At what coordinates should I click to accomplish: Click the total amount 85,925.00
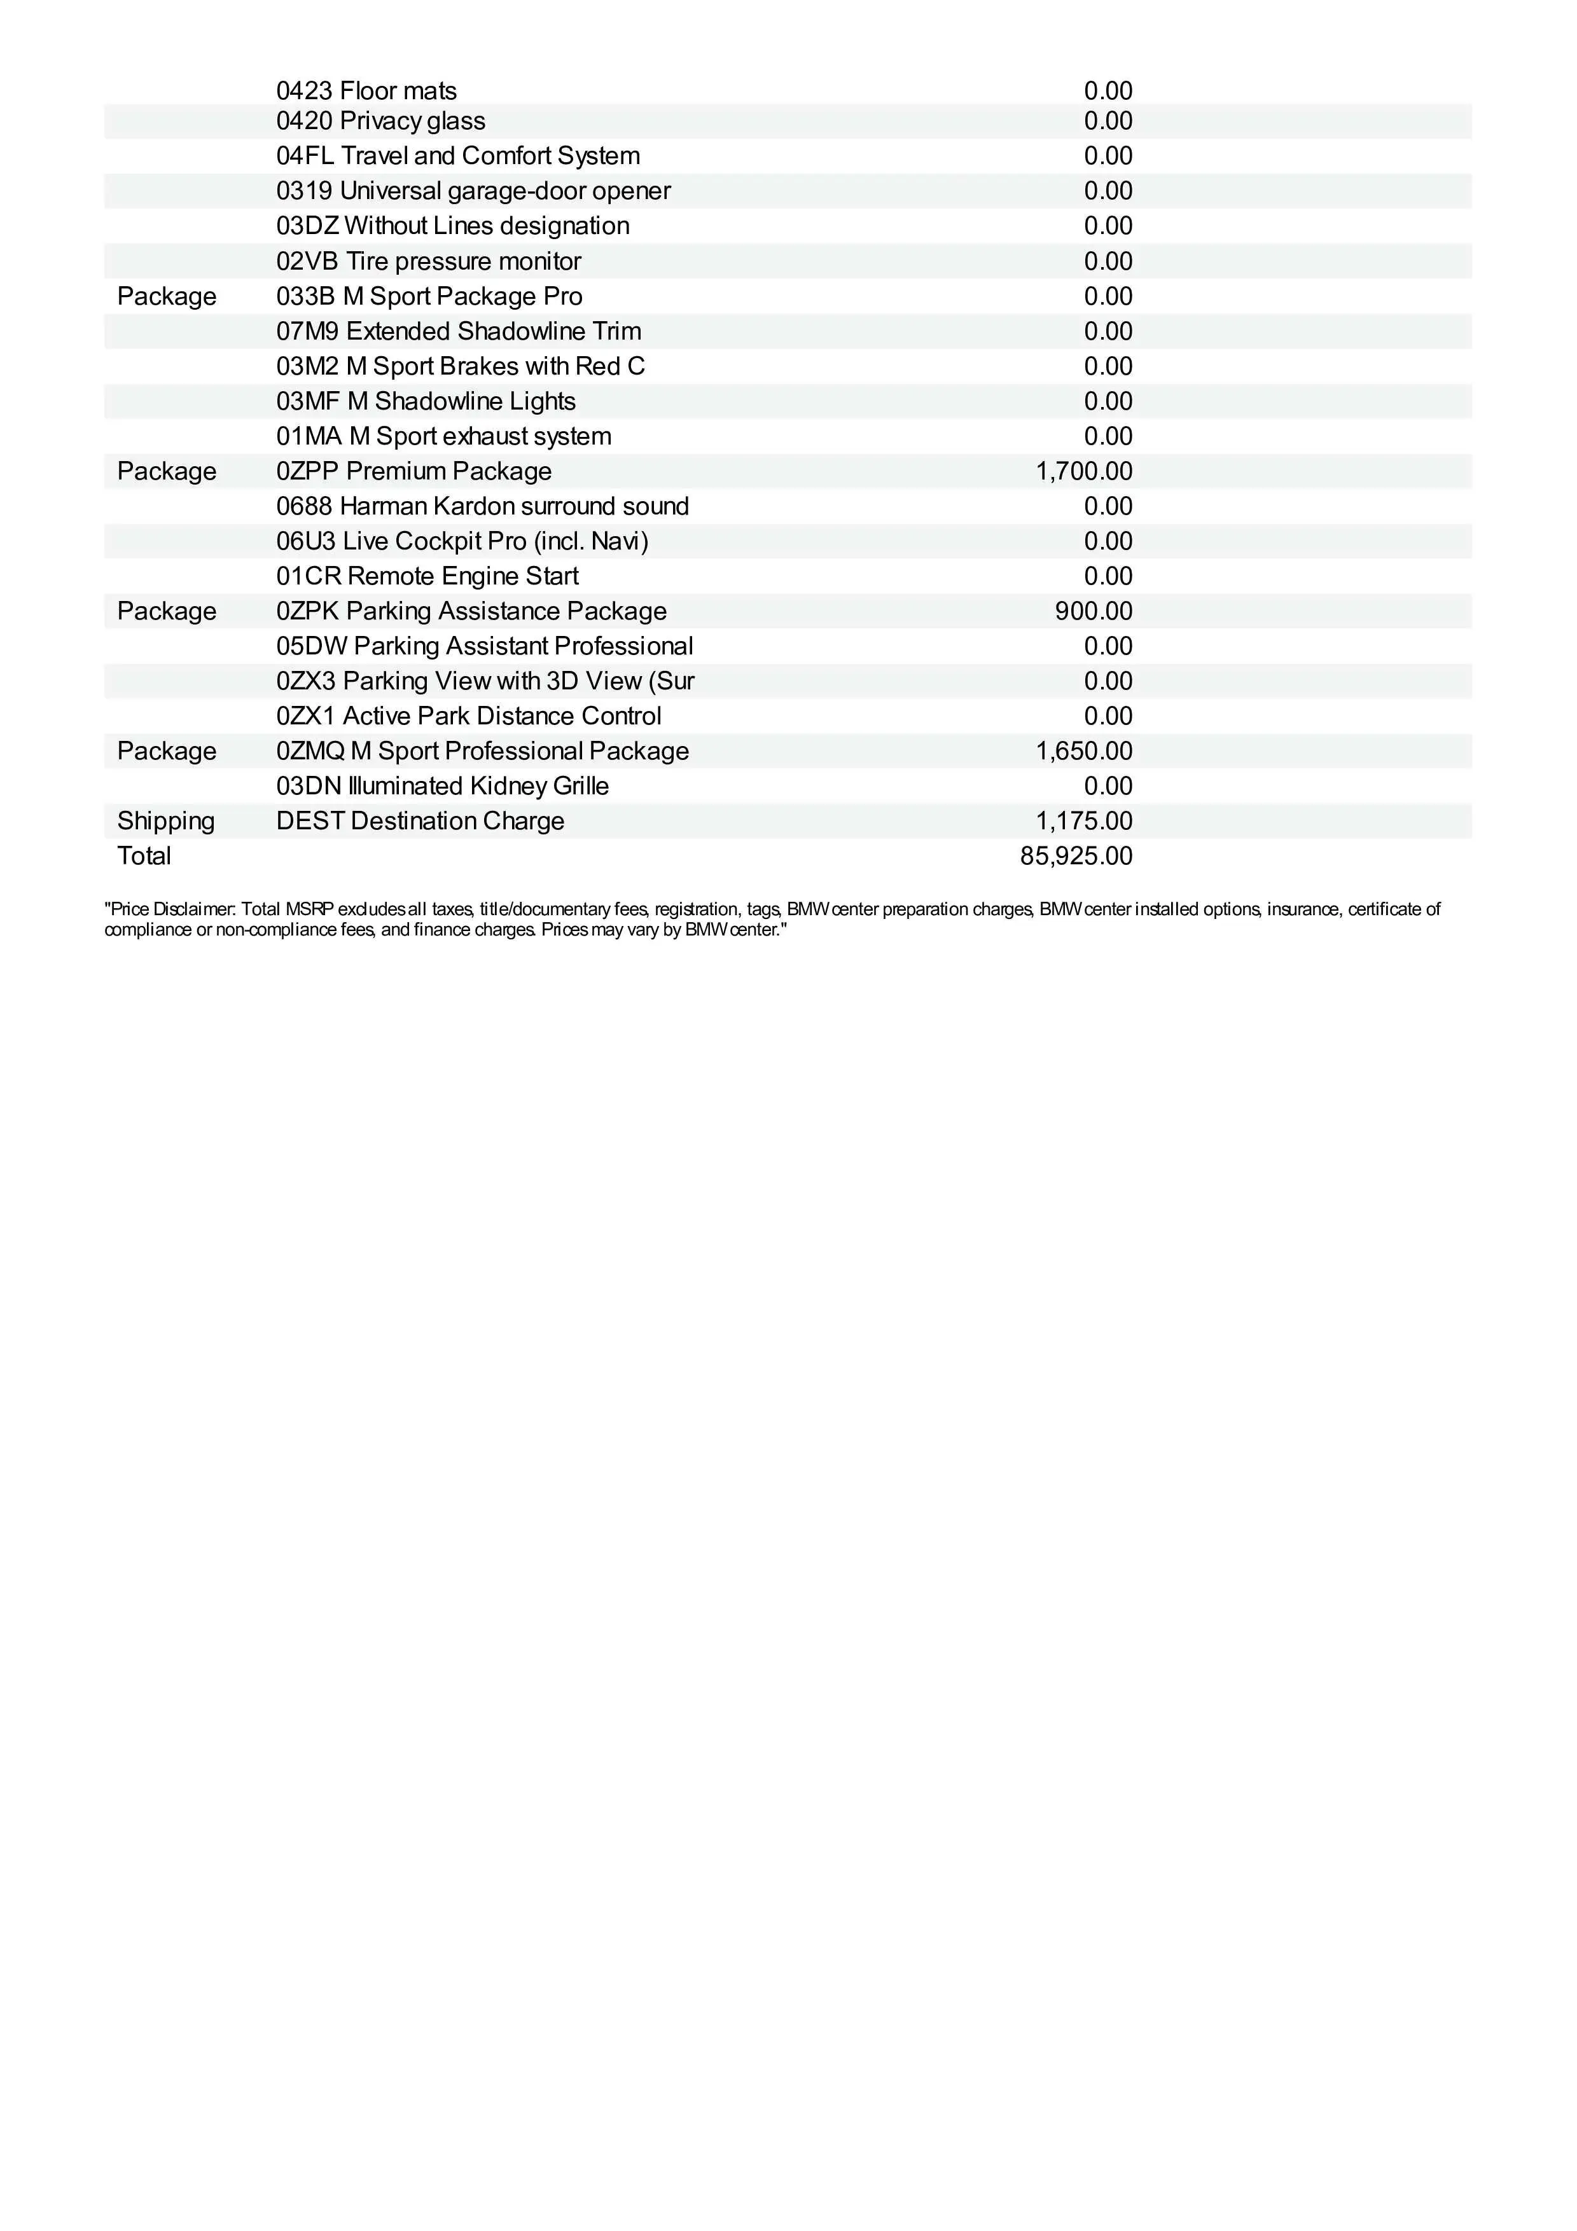pyautogui.click(x=1076, y=856)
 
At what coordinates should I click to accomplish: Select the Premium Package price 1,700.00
pyautogui.click(x=1083, y=471)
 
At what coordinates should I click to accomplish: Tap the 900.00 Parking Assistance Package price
pyautogui.click(x=1093, y=611)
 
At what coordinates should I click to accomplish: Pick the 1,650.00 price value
pyautogui.click(x=1083, y=751)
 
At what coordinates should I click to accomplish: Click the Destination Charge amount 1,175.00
pyautogui.click(x=1083, y=821)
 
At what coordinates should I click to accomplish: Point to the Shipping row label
pyautogui.click(x=165, y=821)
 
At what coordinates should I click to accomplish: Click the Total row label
pyautogui.click(x=144, y=856)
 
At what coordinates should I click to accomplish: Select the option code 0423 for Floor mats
pyautogui.click(x=304, y=92)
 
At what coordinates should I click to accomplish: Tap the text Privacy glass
pyautogui.click(x=412, y=121)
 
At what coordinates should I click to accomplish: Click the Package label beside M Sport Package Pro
pyautogui.click(x=166, y=296)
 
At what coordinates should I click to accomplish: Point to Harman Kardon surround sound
pyautogui.click(x=514, y=506)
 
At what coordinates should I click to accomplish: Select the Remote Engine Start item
pyautogui.click(x=462, y=576)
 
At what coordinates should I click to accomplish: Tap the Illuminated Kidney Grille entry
pyautogui.click(x=478, y=786)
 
